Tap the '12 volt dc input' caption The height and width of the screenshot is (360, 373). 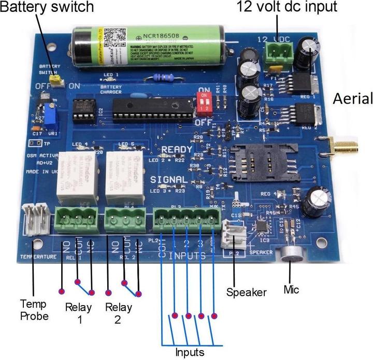point(286,7)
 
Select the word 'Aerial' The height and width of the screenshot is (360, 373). point(353,98)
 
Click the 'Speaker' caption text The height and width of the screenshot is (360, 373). point(246,292)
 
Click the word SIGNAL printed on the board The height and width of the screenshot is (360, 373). point(168,180)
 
